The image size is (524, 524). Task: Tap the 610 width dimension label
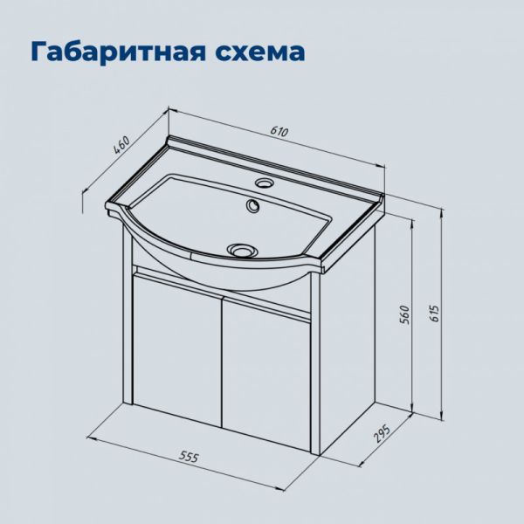coord(279,132)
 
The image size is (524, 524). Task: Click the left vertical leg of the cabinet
coord(124,314)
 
